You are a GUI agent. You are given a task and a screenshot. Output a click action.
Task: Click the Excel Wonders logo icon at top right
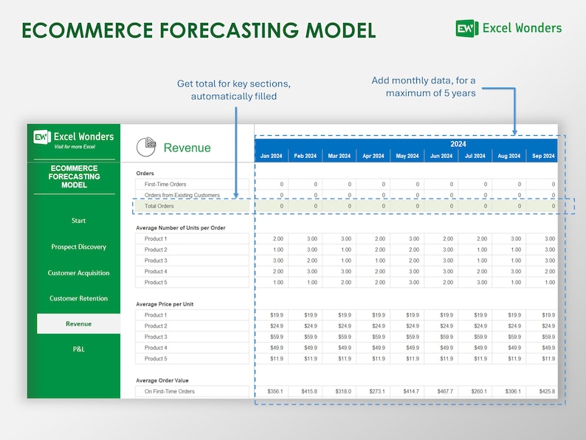click(x=466, y=28)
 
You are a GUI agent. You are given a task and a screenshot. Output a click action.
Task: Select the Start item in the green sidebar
click(x=78, y=221)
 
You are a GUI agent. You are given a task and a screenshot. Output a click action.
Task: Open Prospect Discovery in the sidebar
click(x=78, y=247)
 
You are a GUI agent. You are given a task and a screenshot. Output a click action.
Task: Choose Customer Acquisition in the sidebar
click(x=78, y=273)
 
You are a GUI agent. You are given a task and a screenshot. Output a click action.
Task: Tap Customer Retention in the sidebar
click(x=78, y=299)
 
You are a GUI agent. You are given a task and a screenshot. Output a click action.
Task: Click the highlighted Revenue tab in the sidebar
click(x=78, y=324)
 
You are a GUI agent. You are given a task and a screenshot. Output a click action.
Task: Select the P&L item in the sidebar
click(x=78, y=349)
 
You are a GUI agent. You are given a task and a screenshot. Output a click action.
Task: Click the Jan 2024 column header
click(x=271, y=156)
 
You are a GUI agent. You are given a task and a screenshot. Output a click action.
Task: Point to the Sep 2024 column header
click(x=542, y=156)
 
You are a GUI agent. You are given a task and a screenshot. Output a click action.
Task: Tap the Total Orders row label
click(x=159, y=206)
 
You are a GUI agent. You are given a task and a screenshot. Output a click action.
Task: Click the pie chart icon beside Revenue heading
click(x=146, y=147)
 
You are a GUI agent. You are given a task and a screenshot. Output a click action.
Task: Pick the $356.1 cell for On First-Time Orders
click(x=272, y=391)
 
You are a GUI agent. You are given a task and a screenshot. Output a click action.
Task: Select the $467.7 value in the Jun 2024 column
click(x=441, y=391)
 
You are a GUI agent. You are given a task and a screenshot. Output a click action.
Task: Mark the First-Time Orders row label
click(x=165, y=185)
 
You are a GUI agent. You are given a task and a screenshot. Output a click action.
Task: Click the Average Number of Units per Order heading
click(x=181, y=228)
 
